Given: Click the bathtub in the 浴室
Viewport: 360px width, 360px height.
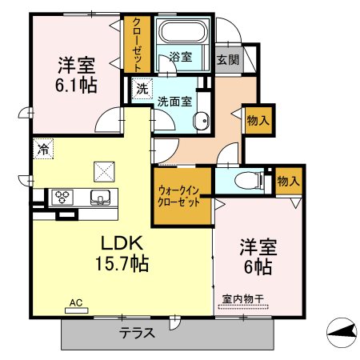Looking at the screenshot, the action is [x=182, y=30].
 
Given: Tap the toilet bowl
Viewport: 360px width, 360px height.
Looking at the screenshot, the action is [x=246, y=181].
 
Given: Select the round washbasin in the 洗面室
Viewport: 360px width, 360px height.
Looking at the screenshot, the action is [x=201, y=121].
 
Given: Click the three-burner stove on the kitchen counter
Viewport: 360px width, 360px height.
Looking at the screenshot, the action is [x=62, y=198].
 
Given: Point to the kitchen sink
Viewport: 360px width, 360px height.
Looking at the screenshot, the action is [x=100, y=198].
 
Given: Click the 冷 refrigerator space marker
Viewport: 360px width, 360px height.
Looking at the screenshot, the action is [x=43, y=149].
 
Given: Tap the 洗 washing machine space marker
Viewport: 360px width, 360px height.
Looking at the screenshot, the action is [x=142, y=89].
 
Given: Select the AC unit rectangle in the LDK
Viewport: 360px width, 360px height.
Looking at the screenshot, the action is [x=77, y=310].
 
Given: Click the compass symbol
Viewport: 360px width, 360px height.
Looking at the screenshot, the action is [x=342, y=333].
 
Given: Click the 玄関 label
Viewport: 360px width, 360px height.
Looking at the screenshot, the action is [x=228, y=59].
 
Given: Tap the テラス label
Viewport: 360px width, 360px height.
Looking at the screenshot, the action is [x=137, y=333].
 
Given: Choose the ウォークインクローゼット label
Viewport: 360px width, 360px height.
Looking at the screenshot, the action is [x=178, y=197].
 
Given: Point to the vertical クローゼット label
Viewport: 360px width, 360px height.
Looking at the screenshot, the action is [x=137, y=45].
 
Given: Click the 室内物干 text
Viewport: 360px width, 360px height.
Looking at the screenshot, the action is [x=243, y=298].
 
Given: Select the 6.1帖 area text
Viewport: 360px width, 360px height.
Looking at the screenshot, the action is [x=76, y=86].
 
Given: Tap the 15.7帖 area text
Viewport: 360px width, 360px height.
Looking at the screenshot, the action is [x=122, y=263].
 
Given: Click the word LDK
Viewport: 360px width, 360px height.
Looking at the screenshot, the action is [x=122, y=243].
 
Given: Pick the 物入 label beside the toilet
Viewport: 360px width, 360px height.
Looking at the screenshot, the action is [x=289, y=182].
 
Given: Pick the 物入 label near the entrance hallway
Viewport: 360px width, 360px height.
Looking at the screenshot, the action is [x=258, y=121].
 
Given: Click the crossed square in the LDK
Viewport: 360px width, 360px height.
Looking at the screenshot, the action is [x=104, y=172].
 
